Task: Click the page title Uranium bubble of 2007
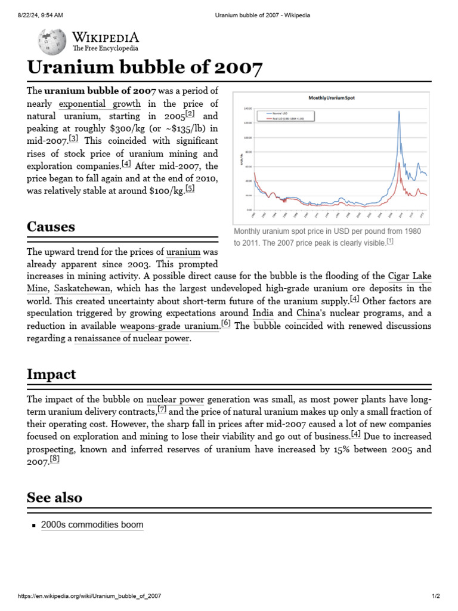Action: coord(144,68)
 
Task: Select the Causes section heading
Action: coord(51,227)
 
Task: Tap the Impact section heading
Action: coord(51,374)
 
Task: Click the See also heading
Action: coord(54,498)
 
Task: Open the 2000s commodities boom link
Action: coord(92,525)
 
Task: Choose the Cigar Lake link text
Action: coord(409,276)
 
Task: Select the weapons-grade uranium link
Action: coord(169,326)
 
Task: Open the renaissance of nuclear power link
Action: coord(132,338)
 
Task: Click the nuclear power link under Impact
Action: coord(175,399)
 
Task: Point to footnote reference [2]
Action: coord(190,113)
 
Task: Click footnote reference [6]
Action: coord(225,323)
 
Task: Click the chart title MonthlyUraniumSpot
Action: coord(330,97)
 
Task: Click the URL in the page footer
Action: coord(89,596)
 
